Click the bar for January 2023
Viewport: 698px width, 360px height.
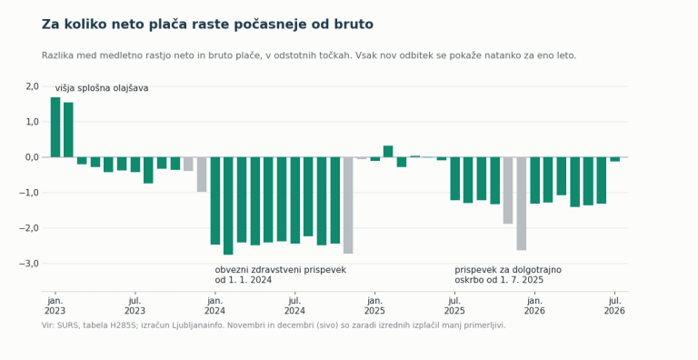[55, 127]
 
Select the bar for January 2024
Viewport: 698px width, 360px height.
[215, 201]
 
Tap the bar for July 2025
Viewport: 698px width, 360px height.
[455, 178]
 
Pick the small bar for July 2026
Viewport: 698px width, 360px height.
[614, 159]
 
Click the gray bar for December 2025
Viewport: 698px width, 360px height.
[522, 204]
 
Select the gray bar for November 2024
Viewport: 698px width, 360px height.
[348, 205]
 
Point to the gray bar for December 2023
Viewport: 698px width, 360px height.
[202, 175]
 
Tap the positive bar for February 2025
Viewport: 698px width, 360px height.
[388, 152]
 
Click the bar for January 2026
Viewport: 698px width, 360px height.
[534, 180]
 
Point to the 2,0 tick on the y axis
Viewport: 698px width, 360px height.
[33, 86]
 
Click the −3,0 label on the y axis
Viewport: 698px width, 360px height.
[29, 264]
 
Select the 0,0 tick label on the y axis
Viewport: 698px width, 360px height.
[33, 157]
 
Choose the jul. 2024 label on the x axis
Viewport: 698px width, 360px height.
[294, 305]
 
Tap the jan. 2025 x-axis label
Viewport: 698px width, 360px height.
[374, 305]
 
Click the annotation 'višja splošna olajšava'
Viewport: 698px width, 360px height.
[102, 88]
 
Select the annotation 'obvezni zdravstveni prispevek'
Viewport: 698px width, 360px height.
[281, 270]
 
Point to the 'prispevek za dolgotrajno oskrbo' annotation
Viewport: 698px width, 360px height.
[508, 275]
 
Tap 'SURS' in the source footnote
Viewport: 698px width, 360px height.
[65, 325]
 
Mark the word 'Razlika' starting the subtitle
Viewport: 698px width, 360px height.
[56, 55]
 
